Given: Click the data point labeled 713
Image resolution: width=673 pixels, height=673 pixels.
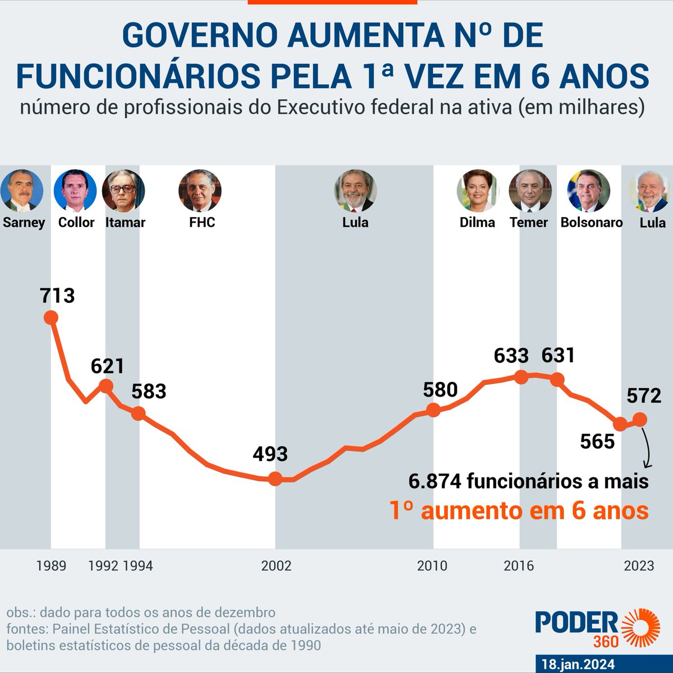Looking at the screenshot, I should coord(51,317).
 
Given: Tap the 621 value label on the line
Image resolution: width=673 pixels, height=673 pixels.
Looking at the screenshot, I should coord(107,366).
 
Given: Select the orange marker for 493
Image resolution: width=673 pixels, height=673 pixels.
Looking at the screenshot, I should coord(275,478).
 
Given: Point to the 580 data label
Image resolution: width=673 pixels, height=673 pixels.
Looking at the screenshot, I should coord(440,389).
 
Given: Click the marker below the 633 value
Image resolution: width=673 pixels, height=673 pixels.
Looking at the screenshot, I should coord(521,377).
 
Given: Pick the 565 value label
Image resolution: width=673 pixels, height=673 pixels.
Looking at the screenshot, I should coord(597,441).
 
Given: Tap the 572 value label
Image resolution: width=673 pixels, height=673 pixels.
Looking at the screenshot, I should coord(644,396).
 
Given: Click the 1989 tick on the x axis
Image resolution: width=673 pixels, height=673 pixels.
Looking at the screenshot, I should coord(51,565).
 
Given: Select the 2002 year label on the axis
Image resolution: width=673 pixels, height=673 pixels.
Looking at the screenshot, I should coord(276,565).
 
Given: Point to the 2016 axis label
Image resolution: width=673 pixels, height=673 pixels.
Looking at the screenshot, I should coord(519,565).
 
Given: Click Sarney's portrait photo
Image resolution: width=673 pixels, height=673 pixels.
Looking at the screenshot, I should coord(22,191).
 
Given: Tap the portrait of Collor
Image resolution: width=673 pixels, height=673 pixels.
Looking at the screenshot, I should coord(75,191).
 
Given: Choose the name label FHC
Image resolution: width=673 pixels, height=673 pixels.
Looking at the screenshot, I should coord(202,223).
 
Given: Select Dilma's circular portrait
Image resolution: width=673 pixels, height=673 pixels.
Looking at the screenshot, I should coord(478,191).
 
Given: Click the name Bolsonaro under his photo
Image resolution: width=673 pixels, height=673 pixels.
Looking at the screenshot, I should coord(592,223).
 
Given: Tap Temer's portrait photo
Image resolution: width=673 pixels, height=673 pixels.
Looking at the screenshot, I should coord(530,191).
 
